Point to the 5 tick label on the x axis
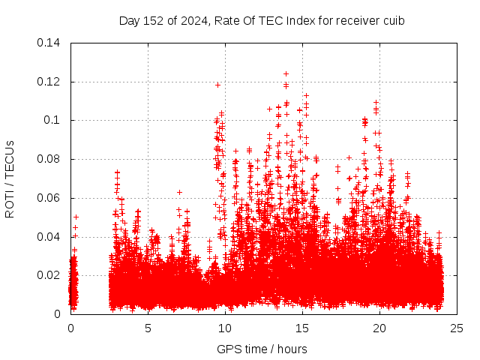point(148,328)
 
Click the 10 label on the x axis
point(225,328)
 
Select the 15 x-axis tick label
point(302,328)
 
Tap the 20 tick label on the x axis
point(379,328)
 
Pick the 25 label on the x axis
point(457,328)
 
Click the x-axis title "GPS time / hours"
point(262,349)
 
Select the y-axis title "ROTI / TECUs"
point(10,178)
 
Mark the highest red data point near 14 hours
point(286,73)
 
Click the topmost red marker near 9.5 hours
point(217,85)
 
